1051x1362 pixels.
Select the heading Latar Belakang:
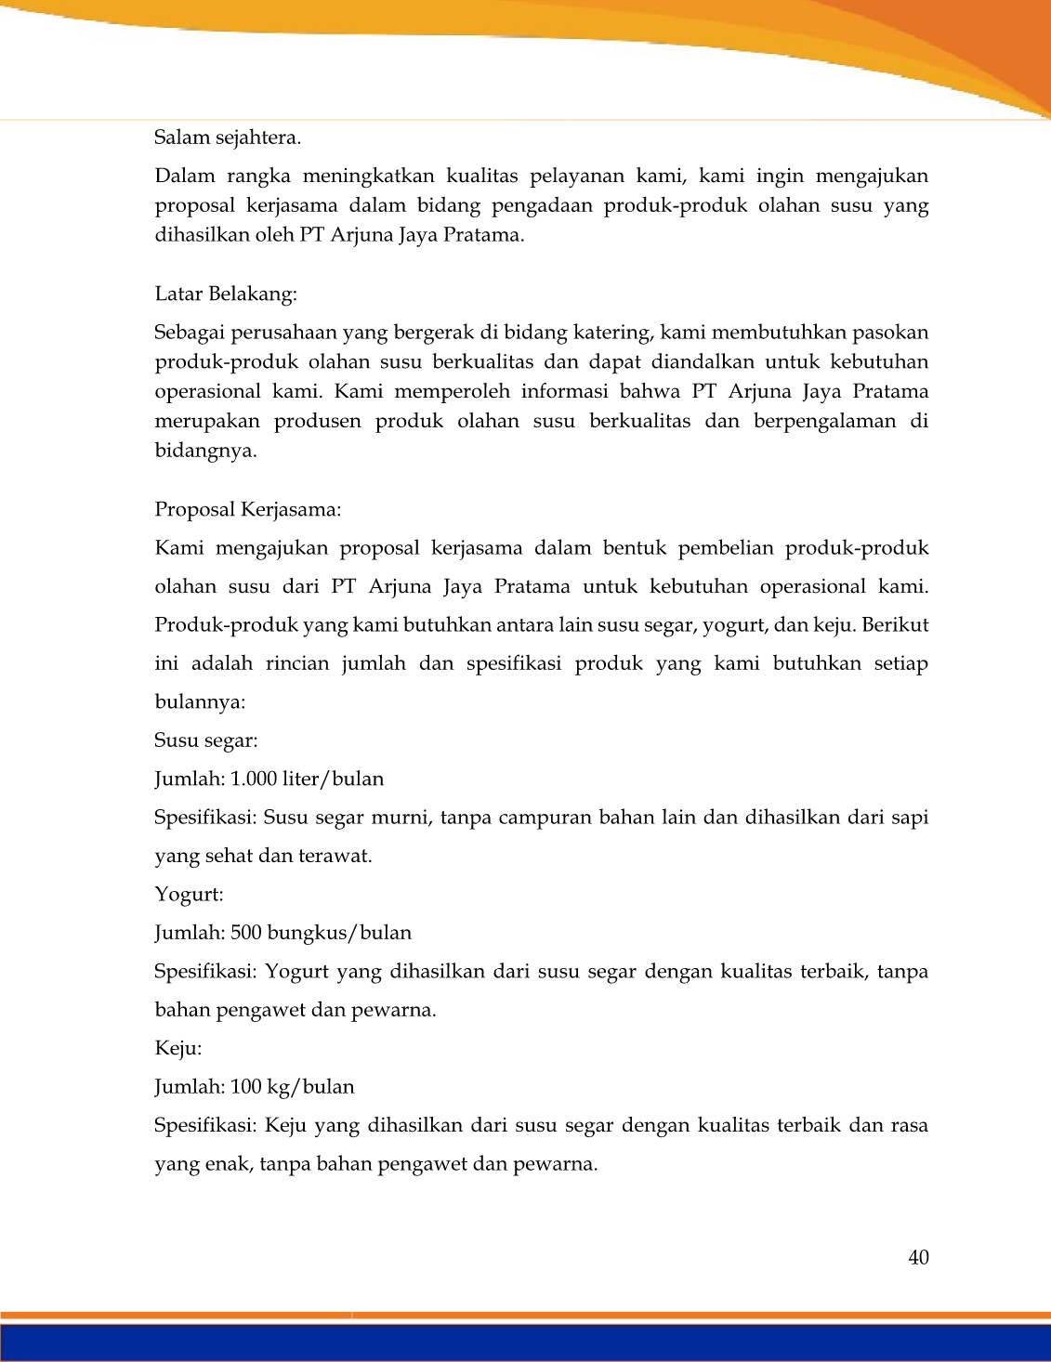[226, 295]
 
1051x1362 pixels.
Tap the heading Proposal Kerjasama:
[247, 510]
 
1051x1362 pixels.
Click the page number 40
[918, 1258]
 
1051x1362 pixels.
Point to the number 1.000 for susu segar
[254, 779]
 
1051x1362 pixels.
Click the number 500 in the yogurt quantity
[246, 933]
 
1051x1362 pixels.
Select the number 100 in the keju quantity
[246, 1087]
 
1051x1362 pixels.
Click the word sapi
[909, 818]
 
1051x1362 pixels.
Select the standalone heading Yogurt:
[189, 895]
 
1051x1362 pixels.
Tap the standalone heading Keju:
[177, 1049]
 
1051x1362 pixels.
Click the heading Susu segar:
[205, 740]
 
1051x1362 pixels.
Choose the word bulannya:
[200, 702]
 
